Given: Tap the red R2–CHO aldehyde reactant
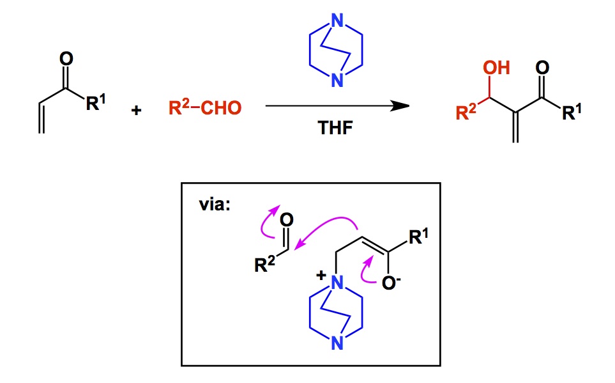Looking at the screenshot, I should (x=205, y=107).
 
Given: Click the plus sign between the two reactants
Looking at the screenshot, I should (x=135, y=110).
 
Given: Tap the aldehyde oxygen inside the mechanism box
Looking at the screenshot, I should (x=287, y=221).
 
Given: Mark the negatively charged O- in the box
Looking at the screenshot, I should (x=389, y=280).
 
